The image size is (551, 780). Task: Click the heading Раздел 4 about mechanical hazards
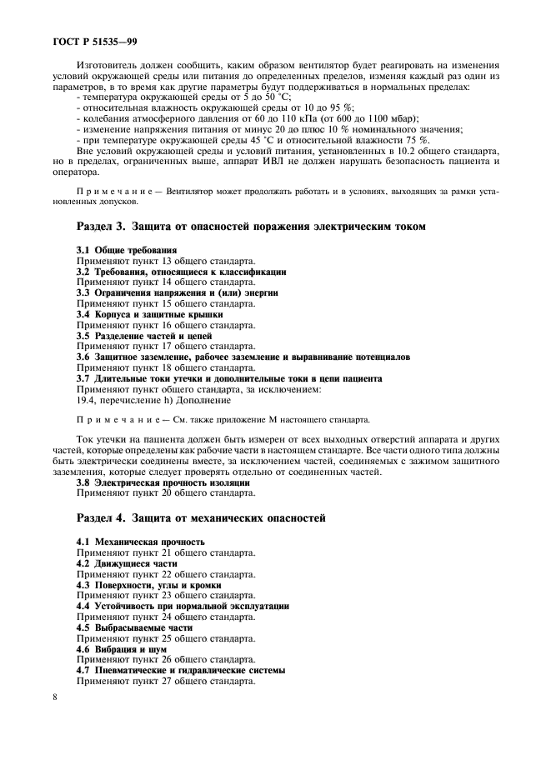click(201, 517)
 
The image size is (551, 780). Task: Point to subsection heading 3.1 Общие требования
click(126, 250)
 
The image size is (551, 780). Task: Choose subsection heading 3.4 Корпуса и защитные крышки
click(149, 315)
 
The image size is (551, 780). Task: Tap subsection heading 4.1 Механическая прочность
click(140, 542)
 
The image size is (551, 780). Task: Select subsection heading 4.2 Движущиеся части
click(127, 563)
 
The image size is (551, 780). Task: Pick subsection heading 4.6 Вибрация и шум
click(122, 649)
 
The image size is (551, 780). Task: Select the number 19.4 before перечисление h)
click(86, 400)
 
